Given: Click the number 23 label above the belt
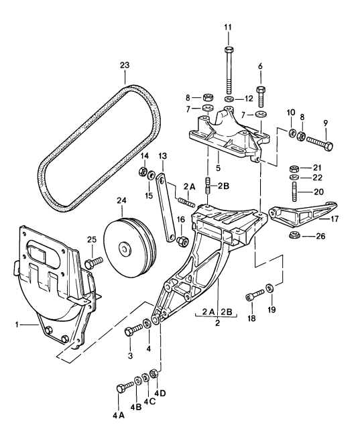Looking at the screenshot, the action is (125, 66).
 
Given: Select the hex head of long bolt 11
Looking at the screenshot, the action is (229, 50).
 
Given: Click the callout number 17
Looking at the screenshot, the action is (335, 219).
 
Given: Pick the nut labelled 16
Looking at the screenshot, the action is (182, 241).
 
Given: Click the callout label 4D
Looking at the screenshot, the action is (160, 393).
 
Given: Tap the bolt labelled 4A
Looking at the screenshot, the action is (125, 387).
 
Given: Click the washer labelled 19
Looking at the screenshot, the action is (269, 288).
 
